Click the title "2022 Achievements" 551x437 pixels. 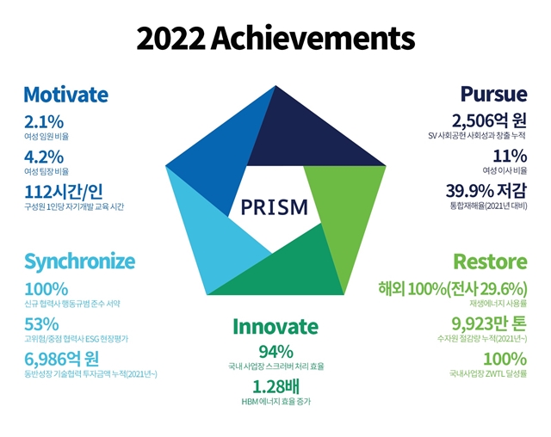click(275, 38)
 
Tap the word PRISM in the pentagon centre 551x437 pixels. click(275, 206)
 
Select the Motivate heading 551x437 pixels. click(66, 95)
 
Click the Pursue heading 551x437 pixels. click(493, 94)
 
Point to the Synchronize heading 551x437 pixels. click(80, 262)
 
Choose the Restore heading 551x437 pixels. click(491, 262)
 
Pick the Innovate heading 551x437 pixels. click(275, 326)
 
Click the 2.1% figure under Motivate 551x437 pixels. click(44, 122)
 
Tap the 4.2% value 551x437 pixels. click(44, 157)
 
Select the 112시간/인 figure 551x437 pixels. click(64, 192)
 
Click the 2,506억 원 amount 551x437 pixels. click(490, 120)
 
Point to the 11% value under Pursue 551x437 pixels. click(510, 156)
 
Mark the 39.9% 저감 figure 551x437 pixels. click(486, 191)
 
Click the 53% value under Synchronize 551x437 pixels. click(41, 324)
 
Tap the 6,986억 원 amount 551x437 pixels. click(61, 359)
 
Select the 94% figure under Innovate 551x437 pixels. click(275, 351)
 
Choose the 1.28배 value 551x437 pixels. click(275, 386)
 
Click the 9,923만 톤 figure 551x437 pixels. click(489, 323)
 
